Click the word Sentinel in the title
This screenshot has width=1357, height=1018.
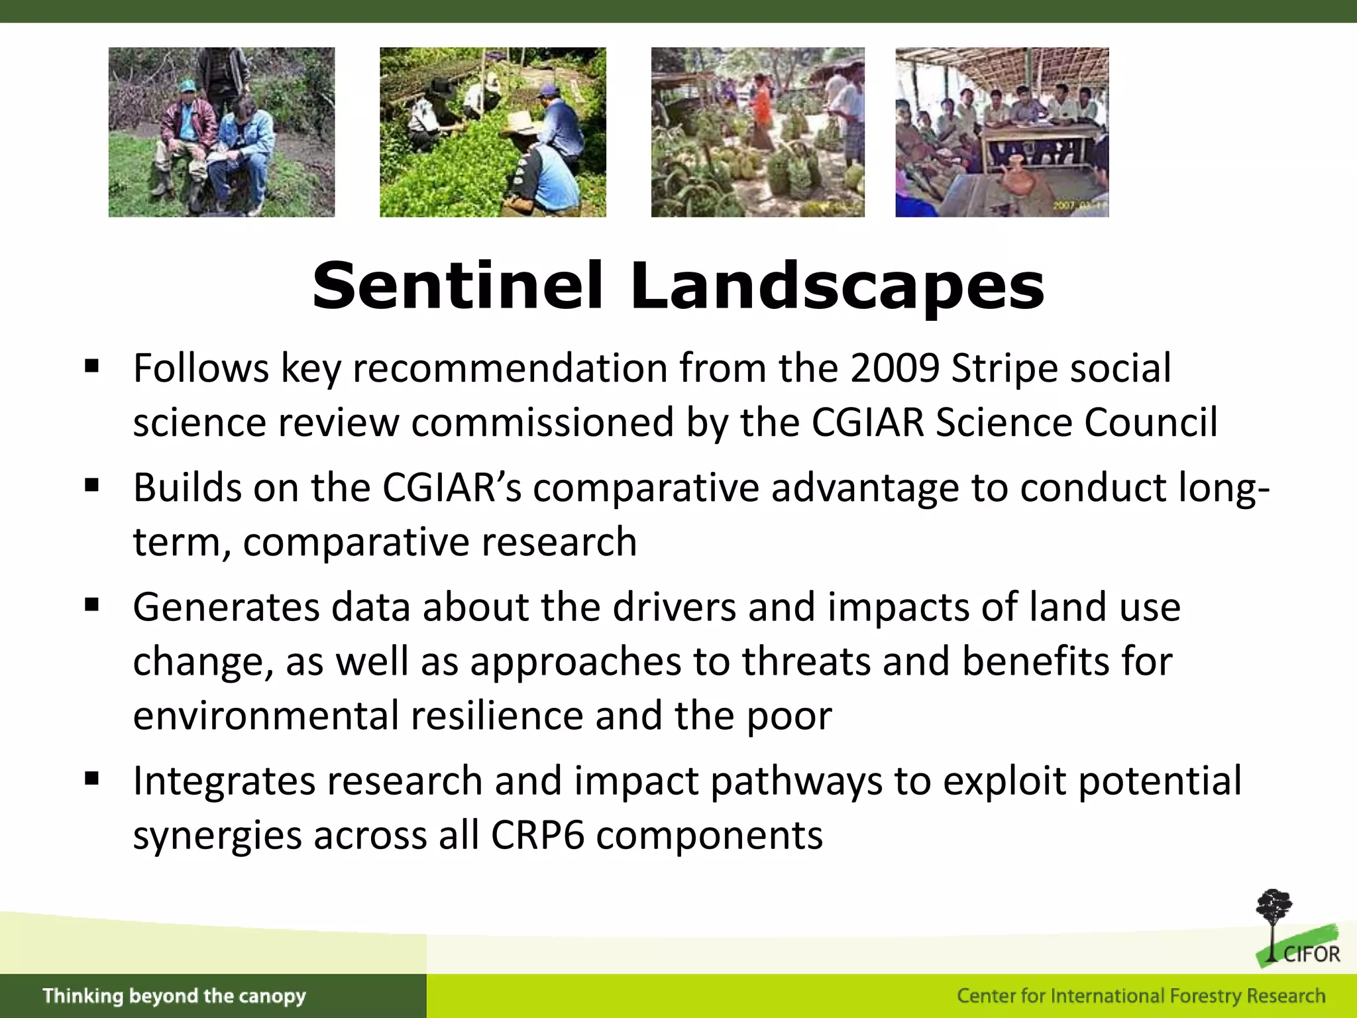click(457, 286)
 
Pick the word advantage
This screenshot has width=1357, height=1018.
click(864, 488)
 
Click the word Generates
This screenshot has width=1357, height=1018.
click(226, 607)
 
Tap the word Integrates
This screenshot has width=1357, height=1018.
click(225, 781)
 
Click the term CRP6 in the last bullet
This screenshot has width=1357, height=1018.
click(537, 835)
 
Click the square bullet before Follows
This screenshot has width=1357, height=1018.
click(92, 367)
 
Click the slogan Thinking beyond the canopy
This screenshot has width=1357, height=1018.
click(174, 995)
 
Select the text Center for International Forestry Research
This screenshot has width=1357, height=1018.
click(1140, 995)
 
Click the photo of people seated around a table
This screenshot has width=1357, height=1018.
click(1001, 132)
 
